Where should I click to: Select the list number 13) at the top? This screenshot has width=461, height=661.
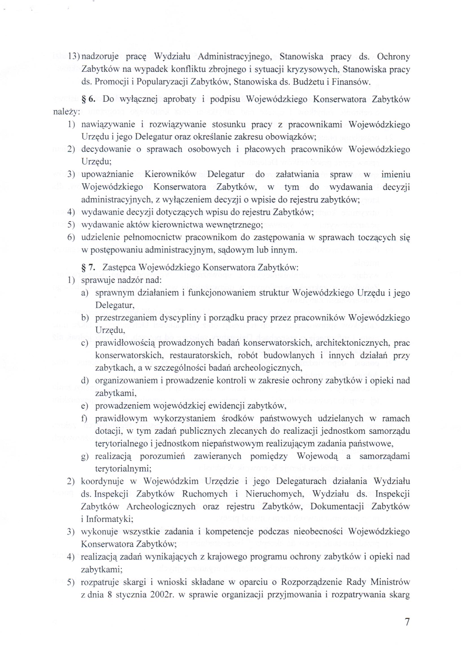tap(74, 57)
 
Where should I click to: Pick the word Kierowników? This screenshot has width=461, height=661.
tap(170, 174)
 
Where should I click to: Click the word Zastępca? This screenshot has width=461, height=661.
tap(115, 267)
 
